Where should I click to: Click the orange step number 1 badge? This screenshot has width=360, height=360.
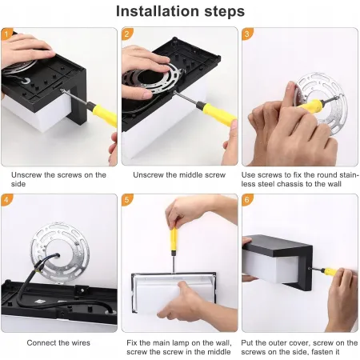(x=6, y=34)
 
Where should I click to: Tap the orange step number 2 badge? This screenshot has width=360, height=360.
(x=127, y=34)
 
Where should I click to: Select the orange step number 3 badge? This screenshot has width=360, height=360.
(x=247, y=34)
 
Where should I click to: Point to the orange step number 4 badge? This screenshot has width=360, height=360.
(x=6, y=200)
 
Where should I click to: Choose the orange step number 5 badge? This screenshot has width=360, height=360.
(x=127, y=200)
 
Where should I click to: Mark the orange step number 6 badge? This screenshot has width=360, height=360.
(x=247, y=200)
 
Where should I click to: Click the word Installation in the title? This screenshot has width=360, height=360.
(x=158, y=11)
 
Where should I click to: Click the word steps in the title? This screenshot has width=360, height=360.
(x=225, y=12)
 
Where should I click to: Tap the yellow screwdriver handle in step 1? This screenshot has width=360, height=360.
(x=105, y=114)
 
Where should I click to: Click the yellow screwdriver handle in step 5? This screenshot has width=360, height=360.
(x=174, y=238)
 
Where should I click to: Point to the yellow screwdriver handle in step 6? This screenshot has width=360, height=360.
(x=330, y=272)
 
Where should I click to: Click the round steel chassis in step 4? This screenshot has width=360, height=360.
(x=60, y=252)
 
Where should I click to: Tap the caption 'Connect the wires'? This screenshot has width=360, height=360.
(x=58, y=342)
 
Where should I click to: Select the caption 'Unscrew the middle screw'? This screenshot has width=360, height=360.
(x=179, y=175)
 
